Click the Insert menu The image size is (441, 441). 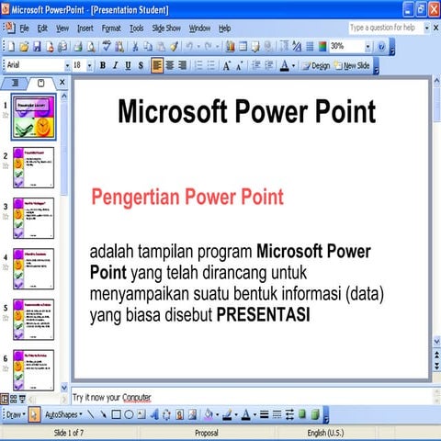85,28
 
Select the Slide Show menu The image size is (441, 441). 166,28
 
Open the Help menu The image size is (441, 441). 225,28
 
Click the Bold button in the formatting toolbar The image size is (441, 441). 102,65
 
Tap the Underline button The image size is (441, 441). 128,65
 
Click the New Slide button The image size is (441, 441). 356,65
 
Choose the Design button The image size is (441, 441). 316,65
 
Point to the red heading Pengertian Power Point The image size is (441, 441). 187,197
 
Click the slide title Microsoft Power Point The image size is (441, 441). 246,112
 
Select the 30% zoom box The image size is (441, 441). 342,46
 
